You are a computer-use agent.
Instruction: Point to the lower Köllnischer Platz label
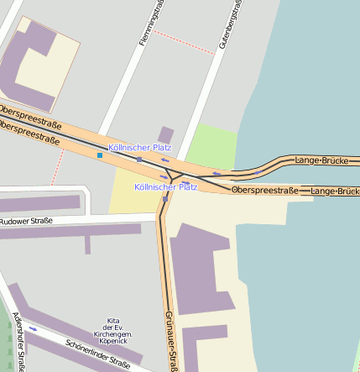(x=165, y=186)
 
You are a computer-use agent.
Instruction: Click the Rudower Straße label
(x=26, y=222)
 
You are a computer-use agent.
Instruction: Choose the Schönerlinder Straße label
(x=97, y=354)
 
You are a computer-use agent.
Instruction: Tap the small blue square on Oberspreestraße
(x=100, y=155)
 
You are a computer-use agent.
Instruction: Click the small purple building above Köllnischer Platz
(x=166, y=134)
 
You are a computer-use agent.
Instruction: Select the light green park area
(x=210, y=147)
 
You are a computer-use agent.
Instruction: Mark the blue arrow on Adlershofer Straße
(x=34, y=329)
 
